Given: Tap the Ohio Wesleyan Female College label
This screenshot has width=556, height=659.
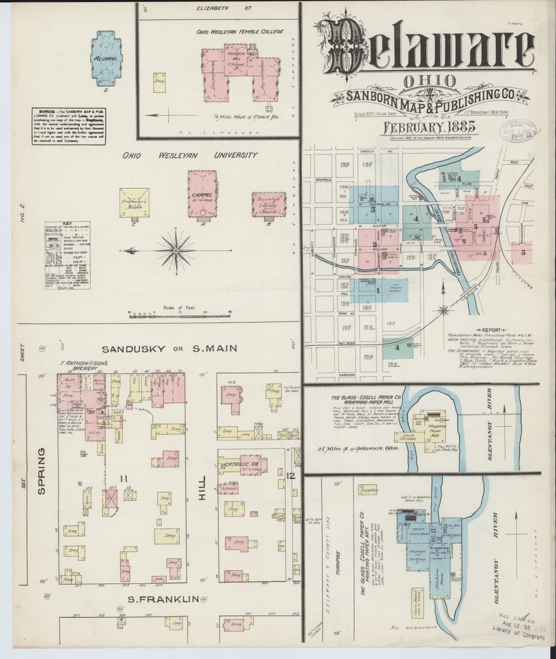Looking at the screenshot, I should click(x=240, y=31).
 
